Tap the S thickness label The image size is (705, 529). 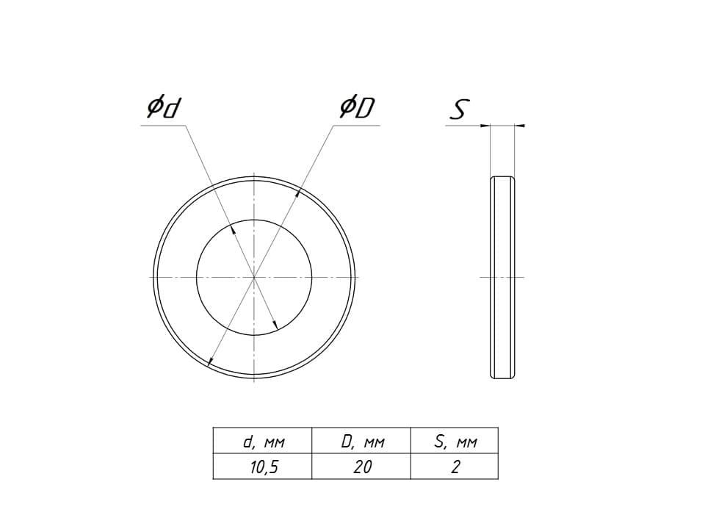click(x=459, y=109)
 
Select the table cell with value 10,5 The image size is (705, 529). click(x=263, y=467)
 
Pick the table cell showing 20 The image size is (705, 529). click(x=361, y=467)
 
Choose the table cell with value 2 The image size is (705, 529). click(x=455, y=467)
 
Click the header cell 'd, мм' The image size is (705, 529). click(x=263, y=441)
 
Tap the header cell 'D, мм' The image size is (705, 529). click(x=361, y=441)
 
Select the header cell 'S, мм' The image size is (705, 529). click(x=455, y=441)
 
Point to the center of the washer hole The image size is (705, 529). click(x=254, y=278)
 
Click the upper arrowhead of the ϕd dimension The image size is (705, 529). click(x=233, y=230)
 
